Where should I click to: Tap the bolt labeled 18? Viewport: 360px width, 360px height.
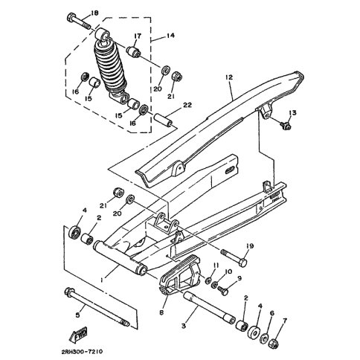(x=79, y=22)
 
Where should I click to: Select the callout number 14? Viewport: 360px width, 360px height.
(x=170, y=36)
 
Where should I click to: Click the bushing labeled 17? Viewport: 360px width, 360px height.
(x=134, y=51)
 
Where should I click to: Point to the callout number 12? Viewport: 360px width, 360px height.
(x=229, y=77)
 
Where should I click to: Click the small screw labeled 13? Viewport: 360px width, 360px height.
(x=286, y=125)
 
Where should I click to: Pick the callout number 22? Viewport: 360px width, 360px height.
(x=187, y=106)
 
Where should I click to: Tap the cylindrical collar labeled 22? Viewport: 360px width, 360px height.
(x=164, y=120)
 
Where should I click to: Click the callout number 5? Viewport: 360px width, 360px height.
(x=77, y=315)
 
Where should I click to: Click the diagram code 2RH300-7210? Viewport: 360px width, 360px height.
(x=82, y=352)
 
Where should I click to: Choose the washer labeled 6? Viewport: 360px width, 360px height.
(x=264, y=338)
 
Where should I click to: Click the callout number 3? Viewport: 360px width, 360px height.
(x=184, y=326)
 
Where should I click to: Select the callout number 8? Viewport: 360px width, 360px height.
(x=161, y=313)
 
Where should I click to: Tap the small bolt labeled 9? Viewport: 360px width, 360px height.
(x=222, y=291)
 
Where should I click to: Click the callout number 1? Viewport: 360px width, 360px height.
(x=102, y=280)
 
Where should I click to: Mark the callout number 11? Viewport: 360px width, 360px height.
(x=216, y=266)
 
